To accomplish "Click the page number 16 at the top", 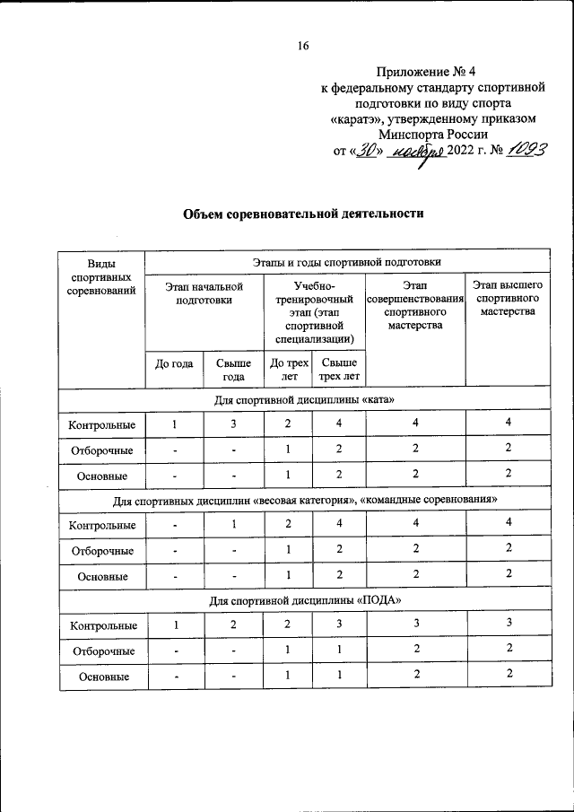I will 303,48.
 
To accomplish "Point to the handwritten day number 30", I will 365,150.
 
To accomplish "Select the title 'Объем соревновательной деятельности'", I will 303,214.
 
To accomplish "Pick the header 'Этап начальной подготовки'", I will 204,292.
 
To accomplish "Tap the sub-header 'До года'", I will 175,364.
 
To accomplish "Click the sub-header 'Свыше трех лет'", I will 338,369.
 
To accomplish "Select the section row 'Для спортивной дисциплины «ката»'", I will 303,399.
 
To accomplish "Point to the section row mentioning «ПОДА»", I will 303,600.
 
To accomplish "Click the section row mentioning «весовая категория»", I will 303,499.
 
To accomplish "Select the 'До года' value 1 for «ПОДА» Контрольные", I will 177,624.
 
